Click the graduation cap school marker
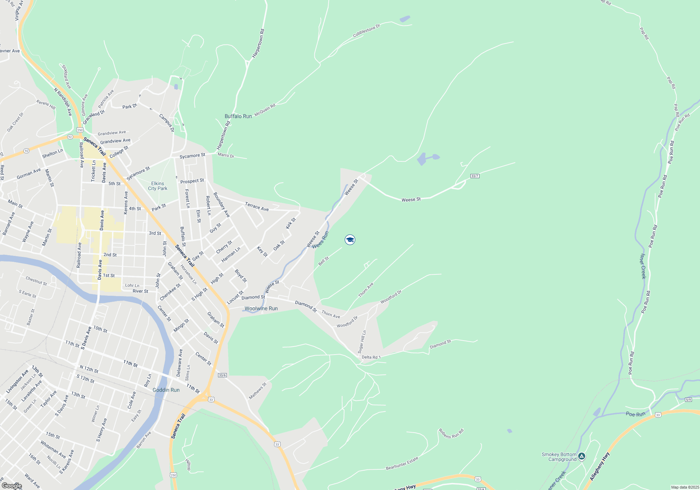[x=350, y=240]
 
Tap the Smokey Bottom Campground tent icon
[x=581, y=456]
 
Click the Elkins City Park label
[x=157, y=186]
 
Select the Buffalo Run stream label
[x=238, y=116]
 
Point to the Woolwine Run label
[x=261, y=308]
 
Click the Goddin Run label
[x=166, y=390]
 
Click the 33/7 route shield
[x=475, y=176]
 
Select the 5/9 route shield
[x=688, y=400]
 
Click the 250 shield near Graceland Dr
[x=80, y=130]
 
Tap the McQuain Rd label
[x=265, y=110]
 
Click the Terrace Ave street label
[x=257, y=206]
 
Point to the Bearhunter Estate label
[x=402, y=463]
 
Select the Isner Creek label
[x=643, y=266]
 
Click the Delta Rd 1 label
[x=371, y=357]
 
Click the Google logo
[x=12, y=486]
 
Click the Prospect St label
[x=192, y=181]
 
